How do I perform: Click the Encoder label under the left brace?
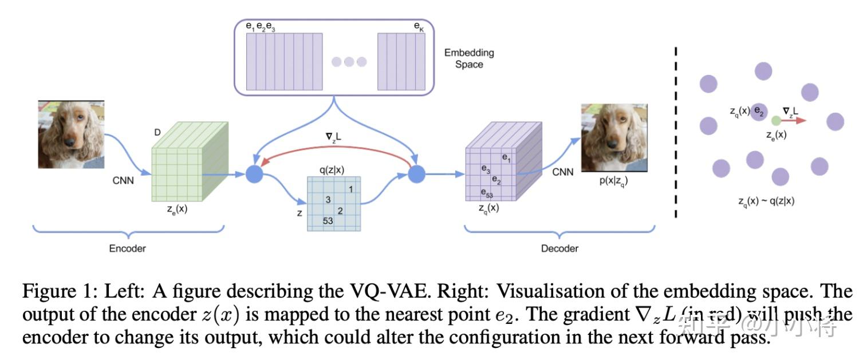coord(127,248)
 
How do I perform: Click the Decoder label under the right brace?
coord(559,248)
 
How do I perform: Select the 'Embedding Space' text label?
coord(469,58)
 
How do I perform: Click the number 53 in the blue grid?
coord(328,221)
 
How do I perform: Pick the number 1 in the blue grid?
coord(350,188)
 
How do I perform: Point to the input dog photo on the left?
coord(71,134)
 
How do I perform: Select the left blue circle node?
coord(254,174)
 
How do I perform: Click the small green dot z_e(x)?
coord(775,121)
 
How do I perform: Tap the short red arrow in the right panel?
coord(794,121)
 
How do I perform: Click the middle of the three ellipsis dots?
coord(349,62)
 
